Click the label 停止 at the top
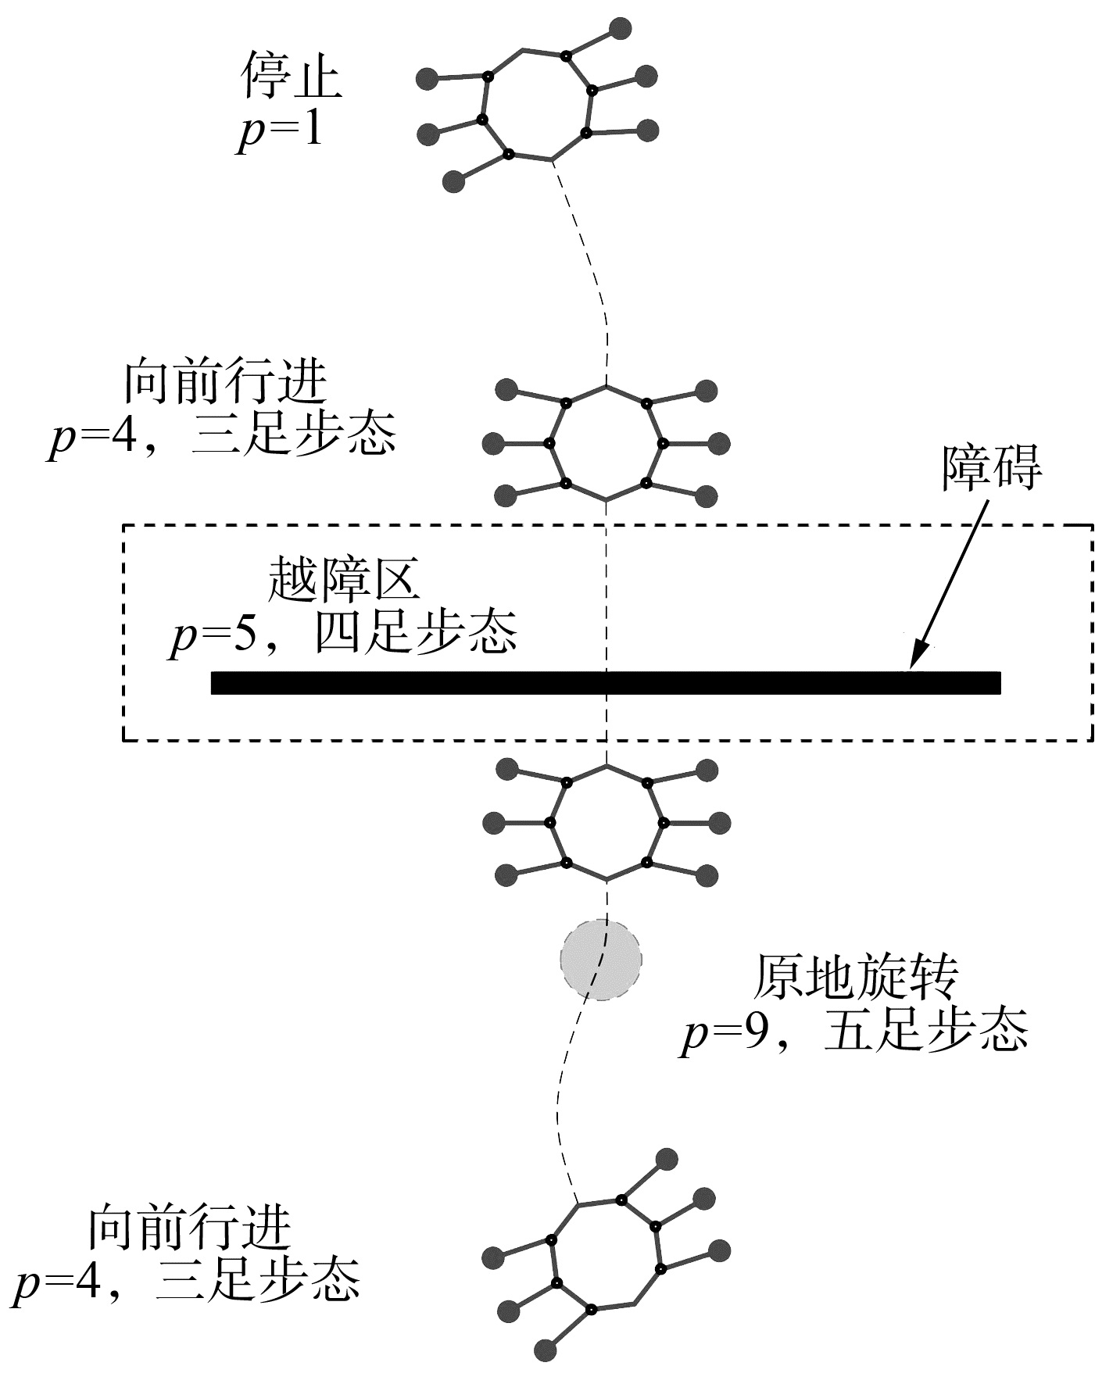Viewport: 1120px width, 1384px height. coord(292,77)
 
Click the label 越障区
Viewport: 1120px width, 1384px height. coord(343,579)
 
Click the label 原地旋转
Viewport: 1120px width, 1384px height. coord(854,977)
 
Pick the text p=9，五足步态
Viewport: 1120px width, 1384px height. coord(853,1032)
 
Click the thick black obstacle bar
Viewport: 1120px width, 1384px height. coord(606,682)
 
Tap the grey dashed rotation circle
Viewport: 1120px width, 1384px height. coord(601,960)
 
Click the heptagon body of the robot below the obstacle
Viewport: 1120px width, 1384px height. coord(607,822)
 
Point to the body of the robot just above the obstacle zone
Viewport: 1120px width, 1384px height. coord(607,443)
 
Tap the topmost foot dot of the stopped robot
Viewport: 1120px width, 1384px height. coord(620,29)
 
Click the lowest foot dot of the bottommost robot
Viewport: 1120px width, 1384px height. coord(545,1349)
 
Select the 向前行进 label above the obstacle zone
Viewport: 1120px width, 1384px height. coord(226,383)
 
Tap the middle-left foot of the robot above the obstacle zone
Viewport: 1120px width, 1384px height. coord(494,444)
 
